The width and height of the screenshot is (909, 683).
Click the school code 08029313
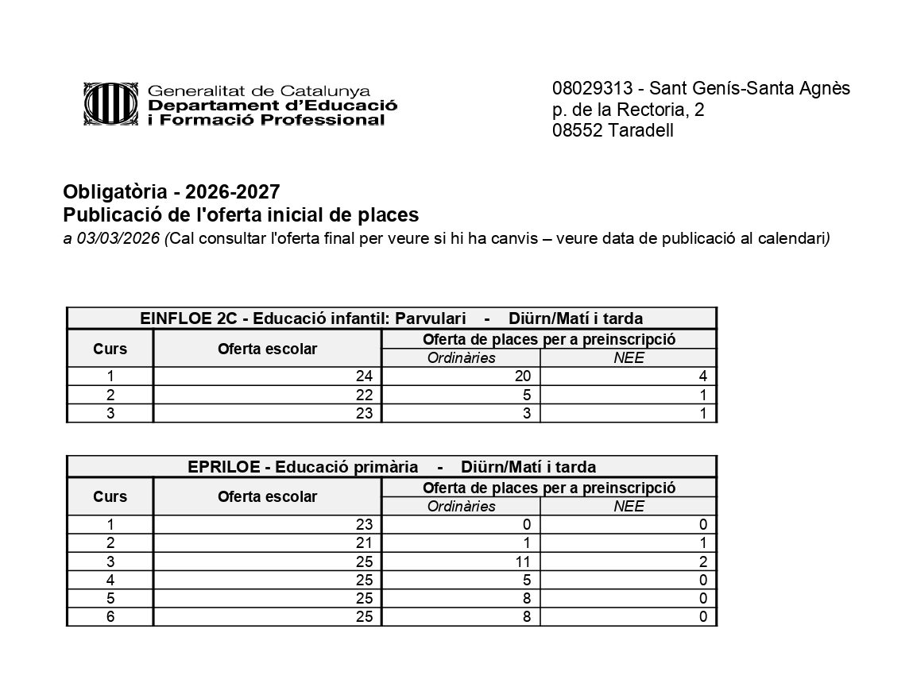pyautogui.click(x=590, y=88)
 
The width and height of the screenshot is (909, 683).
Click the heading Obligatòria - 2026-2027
pyautogui.click(x=172, y=192)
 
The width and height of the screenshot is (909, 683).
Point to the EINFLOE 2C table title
pyautogui.click(x=391, y=318)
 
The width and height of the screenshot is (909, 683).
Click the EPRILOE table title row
pyautogui.click(x=391, y=467)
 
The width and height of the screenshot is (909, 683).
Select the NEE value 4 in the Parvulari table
pyautogui.click(x=702, y=376)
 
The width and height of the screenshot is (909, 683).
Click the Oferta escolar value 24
pyautogui.click(x=365, y=376)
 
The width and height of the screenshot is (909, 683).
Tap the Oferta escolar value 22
pyautogui.click(x=365, y=395)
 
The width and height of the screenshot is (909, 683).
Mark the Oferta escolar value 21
pyautogui.click(x=365, y=544)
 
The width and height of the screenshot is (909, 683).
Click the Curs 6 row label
pyautogui.click(x=110, y=618)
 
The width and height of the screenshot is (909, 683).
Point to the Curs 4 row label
pyautogui.click(x=110, y=581)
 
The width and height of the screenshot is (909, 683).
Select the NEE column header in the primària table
pyautogui.click(x=628, y=507)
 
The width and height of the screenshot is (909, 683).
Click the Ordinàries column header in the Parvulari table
pyautogui.click(x=461, y=358)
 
